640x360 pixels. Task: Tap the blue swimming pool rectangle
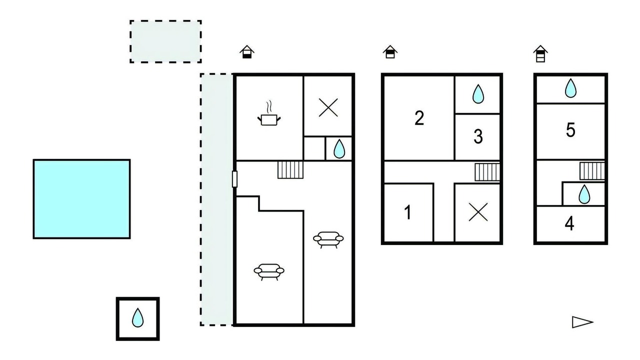[x=81, y=199]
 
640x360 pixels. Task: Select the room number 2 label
[x=419, y=118]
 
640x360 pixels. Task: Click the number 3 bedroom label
[x=478, y=136]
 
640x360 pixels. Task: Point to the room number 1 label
[x=408, y=212]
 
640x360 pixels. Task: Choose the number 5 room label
[x=570, y=130]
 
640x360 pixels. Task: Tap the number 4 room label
[x=569, y=223]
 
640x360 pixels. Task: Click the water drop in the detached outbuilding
[x=137, y=317]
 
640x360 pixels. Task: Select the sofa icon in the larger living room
[x=269, y=271]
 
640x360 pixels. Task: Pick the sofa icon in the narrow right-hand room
[x=328, y=239]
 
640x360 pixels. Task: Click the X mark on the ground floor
[x=328, y=107]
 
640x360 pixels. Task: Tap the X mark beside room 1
[x=478, y=212]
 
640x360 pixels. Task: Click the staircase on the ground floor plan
[x=290, y=170]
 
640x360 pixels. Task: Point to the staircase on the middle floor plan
[x=487, y=172]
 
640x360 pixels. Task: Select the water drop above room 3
[x=478, y=93]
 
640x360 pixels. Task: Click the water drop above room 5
[x=570, y=88]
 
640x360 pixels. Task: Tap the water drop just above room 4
[x=584, y=194]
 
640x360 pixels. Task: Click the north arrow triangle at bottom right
[x=582, y=322]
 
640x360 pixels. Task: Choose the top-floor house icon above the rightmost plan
[x=540, y=53]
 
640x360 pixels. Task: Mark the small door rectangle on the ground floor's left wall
[x=234, y=179]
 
